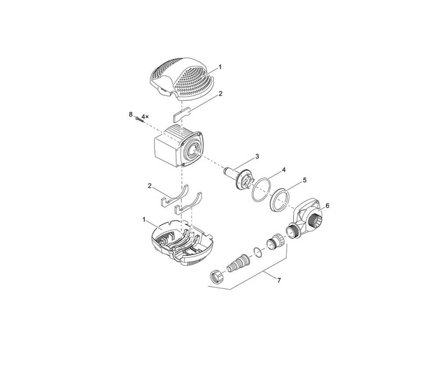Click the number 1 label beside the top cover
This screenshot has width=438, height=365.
pos(220,67)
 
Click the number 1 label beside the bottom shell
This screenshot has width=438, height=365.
pos(144,220)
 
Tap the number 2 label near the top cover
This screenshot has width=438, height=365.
pos(220,94)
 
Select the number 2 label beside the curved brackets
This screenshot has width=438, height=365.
pos(150,186)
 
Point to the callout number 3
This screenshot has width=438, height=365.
pos(257,156)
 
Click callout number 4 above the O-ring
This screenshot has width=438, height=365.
pos(283,170)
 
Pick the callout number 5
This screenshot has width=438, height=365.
pos(304,180)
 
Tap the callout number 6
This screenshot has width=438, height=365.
pos(327,206)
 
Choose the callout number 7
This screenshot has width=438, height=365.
pos(279,280)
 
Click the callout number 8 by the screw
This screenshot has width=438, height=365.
pos(131,114)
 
